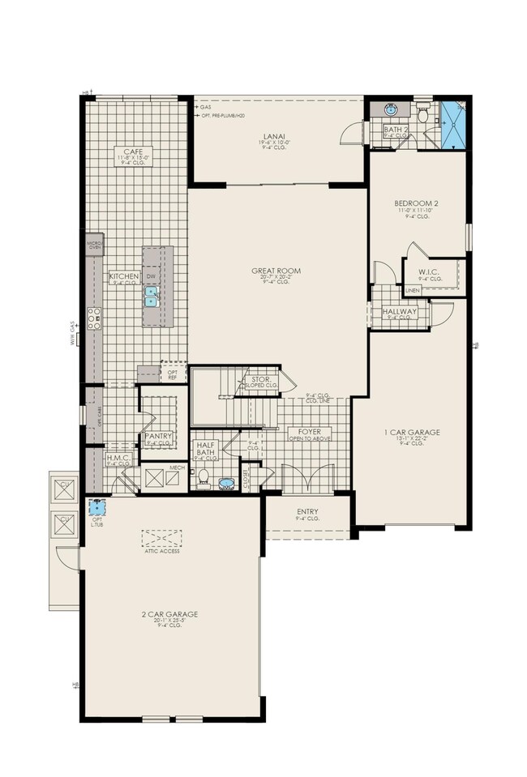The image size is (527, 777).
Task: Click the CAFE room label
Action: tap(135, 150)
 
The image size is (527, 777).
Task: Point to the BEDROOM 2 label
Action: tap(418, 203)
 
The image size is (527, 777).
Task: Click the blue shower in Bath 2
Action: tap(452, 123)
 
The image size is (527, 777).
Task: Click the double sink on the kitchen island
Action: tap(151, 297)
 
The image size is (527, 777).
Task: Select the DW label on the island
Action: tap(151, 276)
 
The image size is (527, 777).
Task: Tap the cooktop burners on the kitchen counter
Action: tap(95, 318)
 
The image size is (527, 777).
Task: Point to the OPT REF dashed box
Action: tap(173, 372)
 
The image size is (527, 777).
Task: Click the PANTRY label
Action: tap(158, 436)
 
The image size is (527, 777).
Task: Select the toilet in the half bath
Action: tap(204, 475)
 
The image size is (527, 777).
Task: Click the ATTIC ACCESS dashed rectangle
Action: tap(161, 539)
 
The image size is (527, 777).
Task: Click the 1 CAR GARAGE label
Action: tap(412, 433)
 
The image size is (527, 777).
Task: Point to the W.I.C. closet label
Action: tap(430, 271)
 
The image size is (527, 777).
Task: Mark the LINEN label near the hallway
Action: tap(413, 289)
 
